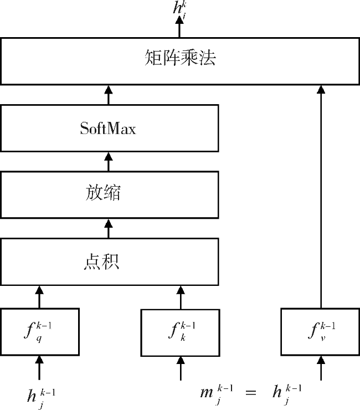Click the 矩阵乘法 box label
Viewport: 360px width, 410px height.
click(x=180, y=58)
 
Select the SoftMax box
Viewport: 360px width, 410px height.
click(x=109, y=129)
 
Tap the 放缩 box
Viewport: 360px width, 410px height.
click(x=109, y=194)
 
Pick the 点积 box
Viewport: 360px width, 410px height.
click(x=109, y=262)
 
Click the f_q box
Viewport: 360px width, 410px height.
click(x=39, y=332)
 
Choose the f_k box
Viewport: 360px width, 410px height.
click(x=180, y=332)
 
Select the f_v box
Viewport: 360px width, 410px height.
click(x=320, y=332)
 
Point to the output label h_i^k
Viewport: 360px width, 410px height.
click(x=179, y=8)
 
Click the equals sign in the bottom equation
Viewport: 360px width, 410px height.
click(x=251, y=393)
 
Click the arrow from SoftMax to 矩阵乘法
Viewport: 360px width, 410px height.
click(x=109, y=95)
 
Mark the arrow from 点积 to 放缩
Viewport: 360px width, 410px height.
click(x=109, y=228)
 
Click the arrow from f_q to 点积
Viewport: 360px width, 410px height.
click(x=39, y=297)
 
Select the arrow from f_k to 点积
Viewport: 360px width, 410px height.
click(x=180, y=297)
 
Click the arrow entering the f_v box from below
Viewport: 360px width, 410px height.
click(x=320, y=368)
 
